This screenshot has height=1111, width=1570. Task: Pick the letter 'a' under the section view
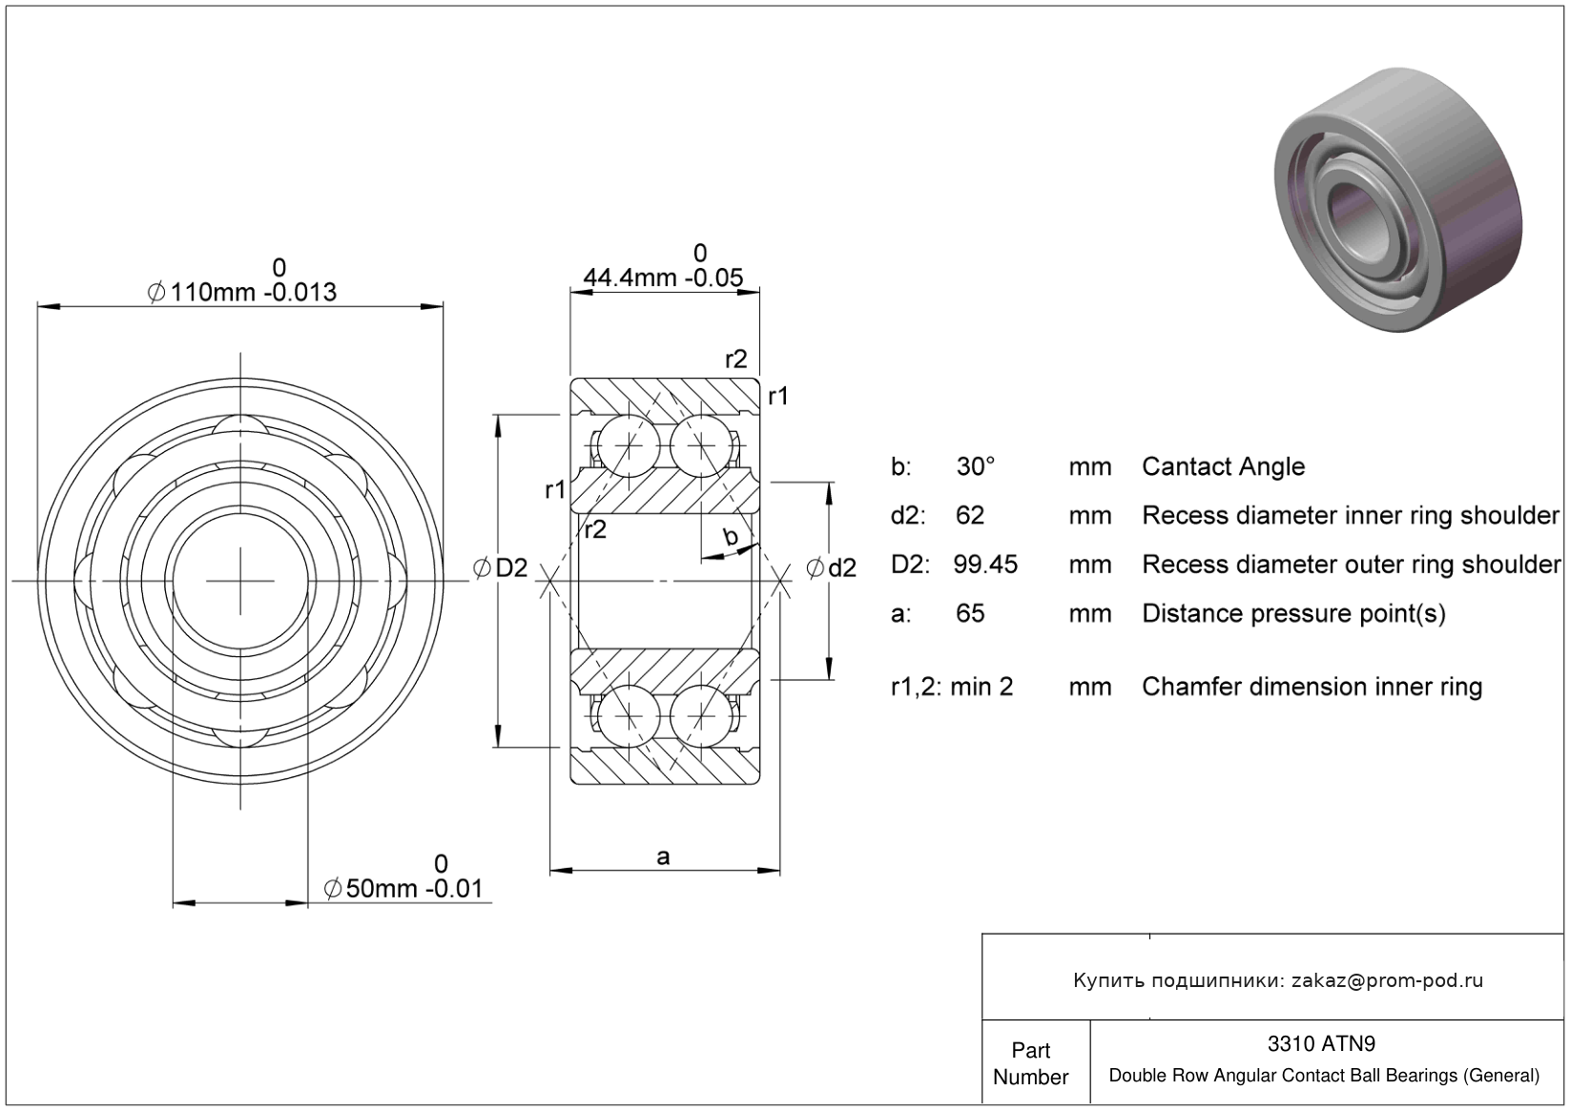click(x=663, y=856)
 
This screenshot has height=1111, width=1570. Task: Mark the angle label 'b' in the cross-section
click(x=731, y=536)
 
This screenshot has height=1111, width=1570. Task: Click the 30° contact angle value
click(x=976, y=466)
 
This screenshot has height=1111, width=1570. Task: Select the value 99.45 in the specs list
click(x=984, y=565)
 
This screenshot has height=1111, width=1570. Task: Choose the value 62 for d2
click(x=970, y=515)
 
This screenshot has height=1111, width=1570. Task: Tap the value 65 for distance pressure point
click(x=970, y=613)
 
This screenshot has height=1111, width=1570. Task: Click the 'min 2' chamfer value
click(x=981, y=687)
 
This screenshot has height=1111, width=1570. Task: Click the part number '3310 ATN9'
click(x=1321, y=1043)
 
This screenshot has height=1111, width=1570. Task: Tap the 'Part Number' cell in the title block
click(x=1030, y=1063)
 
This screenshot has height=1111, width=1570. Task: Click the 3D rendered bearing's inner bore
click(x=1357, y=223)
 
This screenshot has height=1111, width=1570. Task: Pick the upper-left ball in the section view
click(x=629, y=445)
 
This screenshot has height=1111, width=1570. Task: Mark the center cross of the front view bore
click(x=240, y=581)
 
